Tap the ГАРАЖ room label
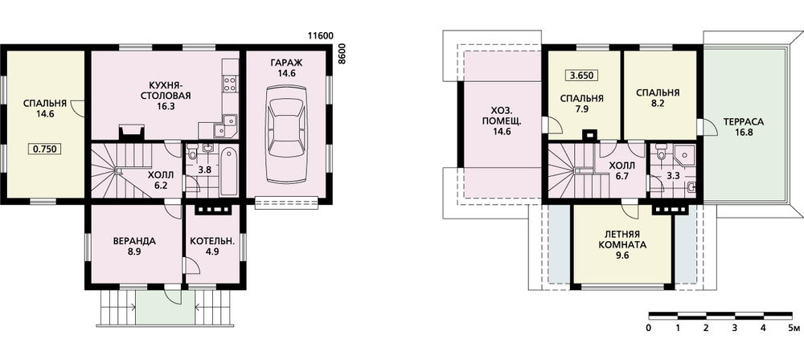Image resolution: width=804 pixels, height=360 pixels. coord(285,63)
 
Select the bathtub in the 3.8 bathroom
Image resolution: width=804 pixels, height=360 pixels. coord(228,171)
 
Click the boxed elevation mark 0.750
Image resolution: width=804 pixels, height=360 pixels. coord(45,149)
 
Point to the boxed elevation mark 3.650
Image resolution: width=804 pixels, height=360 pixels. coord(582,76)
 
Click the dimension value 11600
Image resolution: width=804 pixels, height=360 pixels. coord(321,36)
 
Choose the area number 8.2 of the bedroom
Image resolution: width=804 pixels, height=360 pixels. coord(658,108)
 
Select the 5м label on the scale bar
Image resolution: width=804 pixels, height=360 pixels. coord(793,327)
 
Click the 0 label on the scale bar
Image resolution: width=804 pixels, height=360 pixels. coord(649,327)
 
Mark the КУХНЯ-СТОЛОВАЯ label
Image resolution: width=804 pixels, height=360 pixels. coord(168,91)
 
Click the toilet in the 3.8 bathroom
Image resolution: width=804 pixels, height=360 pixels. coord(193,151)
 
